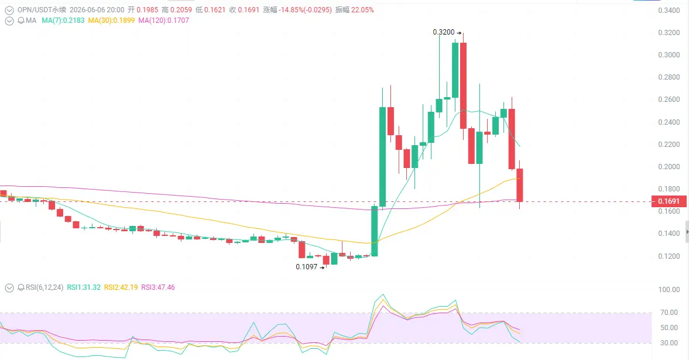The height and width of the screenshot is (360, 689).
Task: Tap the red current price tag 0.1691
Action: tap(669, 201)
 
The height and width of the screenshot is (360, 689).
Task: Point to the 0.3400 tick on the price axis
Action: tap(669, 11)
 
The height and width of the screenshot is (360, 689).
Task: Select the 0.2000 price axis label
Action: tap(669, 167)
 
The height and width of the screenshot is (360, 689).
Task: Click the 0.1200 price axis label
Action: tap(669, 256)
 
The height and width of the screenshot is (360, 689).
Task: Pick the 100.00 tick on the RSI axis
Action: tap(669, 290)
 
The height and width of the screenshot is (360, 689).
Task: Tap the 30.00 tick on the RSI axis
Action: tap(669, 343)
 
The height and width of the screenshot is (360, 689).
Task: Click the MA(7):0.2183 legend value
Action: tap(63, 20)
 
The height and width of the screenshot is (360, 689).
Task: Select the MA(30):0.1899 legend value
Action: tap(111, 20)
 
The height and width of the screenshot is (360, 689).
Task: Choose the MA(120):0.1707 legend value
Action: tap(163, 20)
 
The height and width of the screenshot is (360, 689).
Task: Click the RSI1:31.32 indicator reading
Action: tap(84, 287)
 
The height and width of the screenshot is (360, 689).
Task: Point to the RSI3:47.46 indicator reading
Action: tap(157, 287)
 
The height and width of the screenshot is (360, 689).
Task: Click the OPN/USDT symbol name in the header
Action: tap(35, 10)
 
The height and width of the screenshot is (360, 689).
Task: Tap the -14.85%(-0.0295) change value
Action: tap(306, 10)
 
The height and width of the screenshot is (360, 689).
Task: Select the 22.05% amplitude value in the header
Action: tap(362, 10)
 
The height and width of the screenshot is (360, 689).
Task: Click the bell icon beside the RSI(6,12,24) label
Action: tap(20, 287)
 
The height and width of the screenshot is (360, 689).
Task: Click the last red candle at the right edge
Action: tap(519, 184)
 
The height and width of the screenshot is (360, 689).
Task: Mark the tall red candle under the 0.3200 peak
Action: tap(463, 85)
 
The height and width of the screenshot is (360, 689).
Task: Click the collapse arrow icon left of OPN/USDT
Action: tap(9, 10)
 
